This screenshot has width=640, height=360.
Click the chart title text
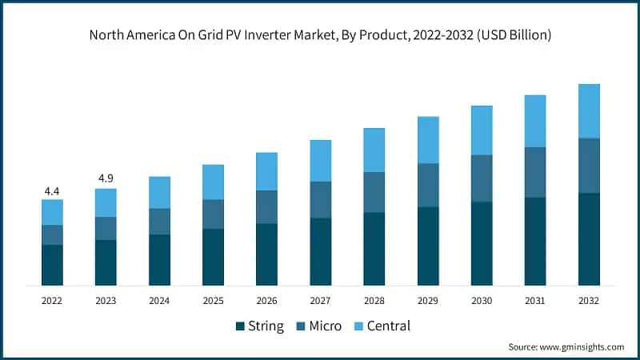(320, 36)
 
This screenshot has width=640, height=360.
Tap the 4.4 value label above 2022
(52, 191)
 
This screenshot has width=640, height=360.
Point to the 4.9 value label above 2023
(106, 178)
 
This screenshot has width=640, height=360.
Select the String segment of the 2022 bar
(52, 265)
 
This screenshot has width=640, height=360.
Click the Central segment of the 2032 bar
(589, 111)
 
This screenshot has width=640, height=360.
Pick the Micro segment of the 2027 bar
(321, 199)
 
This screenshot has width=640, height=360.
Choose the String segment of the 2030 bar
(482, 243)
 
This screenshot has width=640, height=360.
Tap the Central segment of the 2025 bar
(213, 182)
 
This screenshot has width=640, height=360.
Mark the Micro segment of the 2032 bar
(589, 166)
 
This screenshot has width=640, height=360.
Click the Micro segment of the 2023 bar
(106, 228)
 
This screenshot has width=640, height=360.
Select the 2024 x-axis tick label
(159, 301)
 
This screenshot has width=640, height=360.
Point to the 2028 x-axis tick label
(374, 301)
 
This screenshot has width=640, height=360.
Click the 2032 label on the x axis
(589, 301)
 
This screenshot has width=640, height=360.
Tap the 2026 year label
(266, 301)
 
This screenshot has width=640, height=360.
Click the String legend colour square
(240, 326)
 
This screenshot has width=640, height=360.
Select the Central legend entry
(382, 326)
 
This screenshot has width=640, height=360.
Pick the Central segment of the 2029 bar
(428, 140)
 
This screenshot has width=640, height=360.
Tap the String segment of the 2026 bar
(266, 254)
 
